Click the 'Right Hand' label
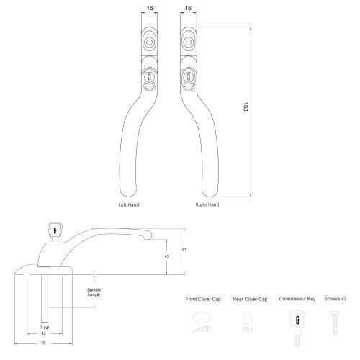(207, 204)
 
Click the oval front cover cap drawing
(202, 317)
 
